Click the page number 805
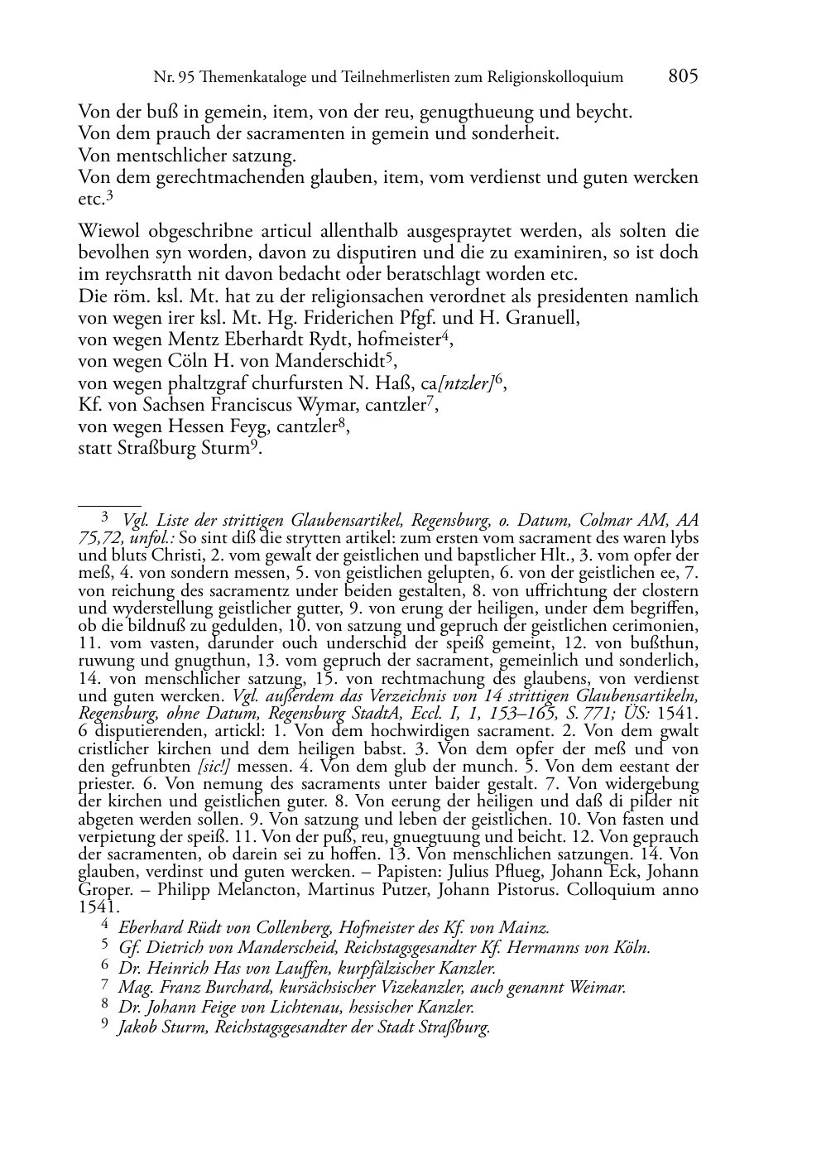click(683, 76)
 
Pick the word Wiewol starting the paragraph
click(107, 231)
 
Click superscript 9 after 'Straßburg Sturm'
click(257, 445)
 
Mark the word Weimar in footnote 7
click(597, 987)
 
